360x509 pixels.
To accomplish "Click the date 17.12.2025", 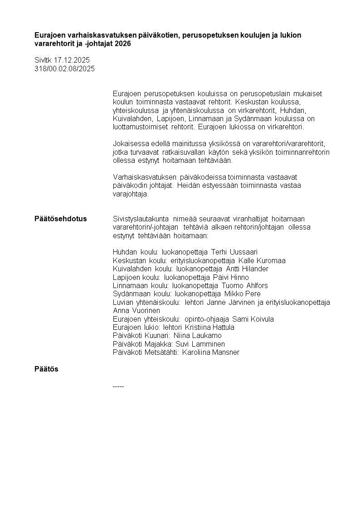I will tap(72, 60).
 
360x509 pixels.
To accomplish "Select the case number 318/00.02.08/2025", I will tap(64, 69).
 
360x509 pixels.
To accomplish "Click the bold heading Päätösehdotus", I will tap(60, 219).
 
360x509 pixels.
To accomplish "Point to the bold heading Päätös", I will tap(46, 369).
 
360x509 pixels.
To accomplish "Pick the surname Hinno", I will tap(240, 277).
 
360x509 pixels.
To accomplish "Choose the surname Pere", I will tap(253, 294).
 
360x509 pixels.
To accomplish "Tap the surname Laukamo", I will tap(207, 336).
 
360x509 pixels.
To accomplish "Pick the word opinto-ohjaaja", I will tap(206, 319).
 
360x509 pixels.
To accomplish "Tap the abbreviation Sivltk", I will tap(44, 60).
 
